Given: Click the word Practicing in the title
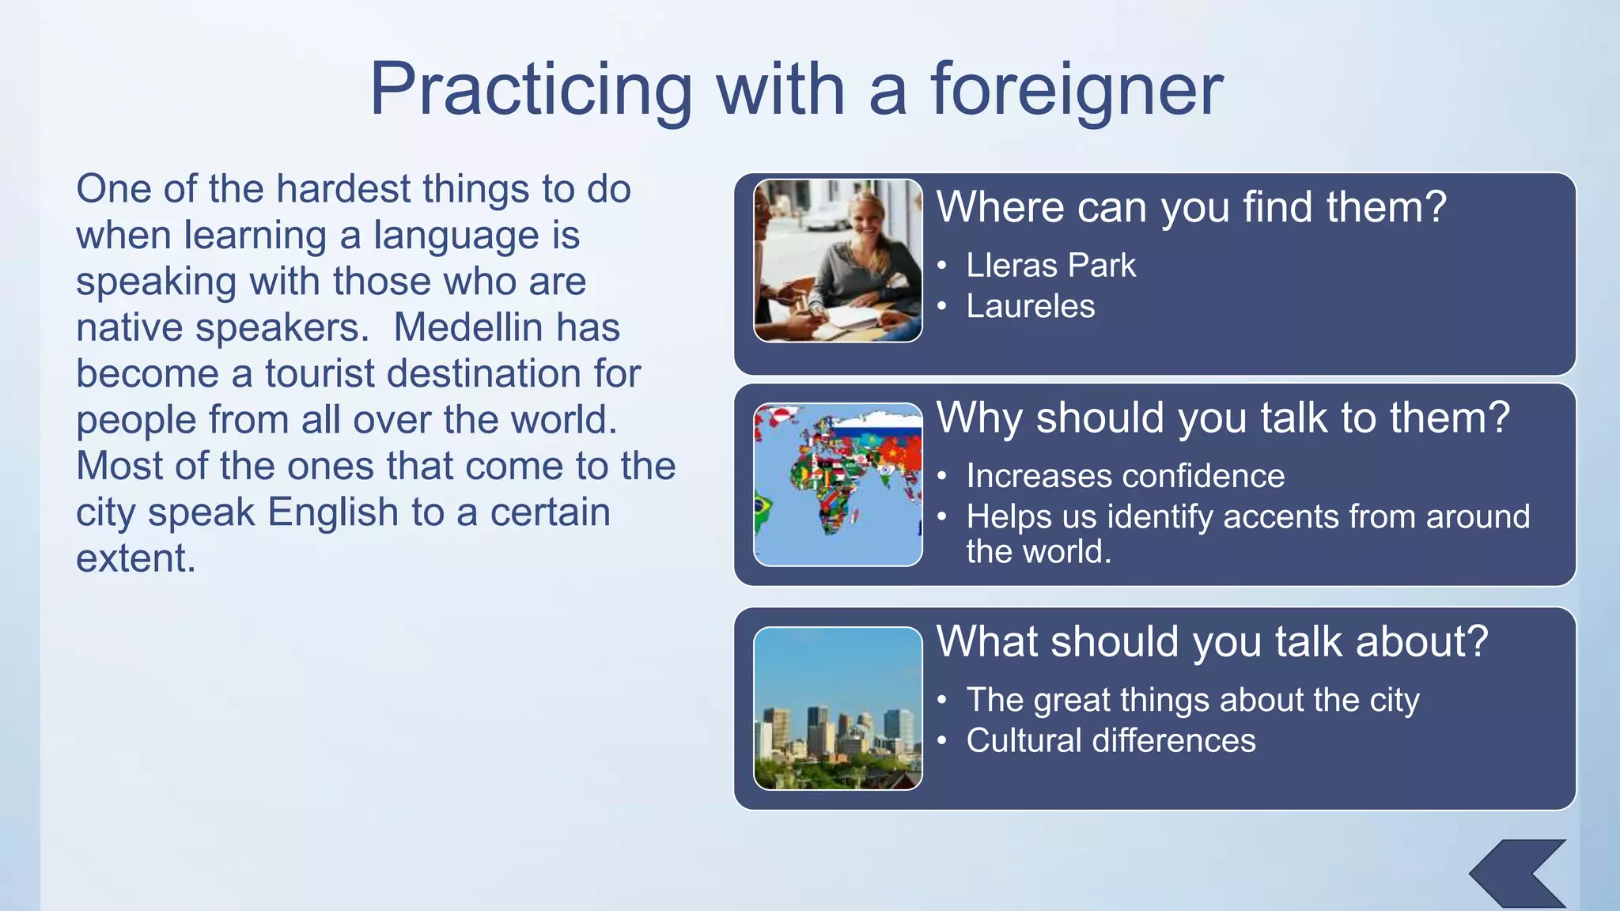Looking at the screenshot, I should [x=531, y=89].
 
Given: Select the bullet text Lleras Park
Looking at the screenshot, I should [x=1050, y=266].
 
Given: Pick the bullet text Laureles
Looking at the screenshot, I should [x=1030, y=307].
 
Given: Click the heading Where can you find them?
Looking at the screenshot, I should [x=1190, y=207].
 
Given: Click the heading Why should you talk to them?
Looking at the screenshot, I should [x=1222, y=418].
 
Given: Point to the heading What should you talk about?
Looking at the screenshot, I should [x=1212, y=641].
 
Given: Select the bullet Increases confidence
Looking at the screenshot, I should [x=1125, y=476].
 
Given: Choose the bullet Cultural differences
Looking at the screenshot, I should [x=1111, y=741].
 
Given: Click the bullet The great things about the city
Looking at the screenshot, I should [x=1192, y=700].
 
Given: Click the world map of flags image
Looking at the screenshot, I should [x=838, y=484].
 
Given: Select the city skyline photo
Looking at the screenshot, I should [x=838, y=709].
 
